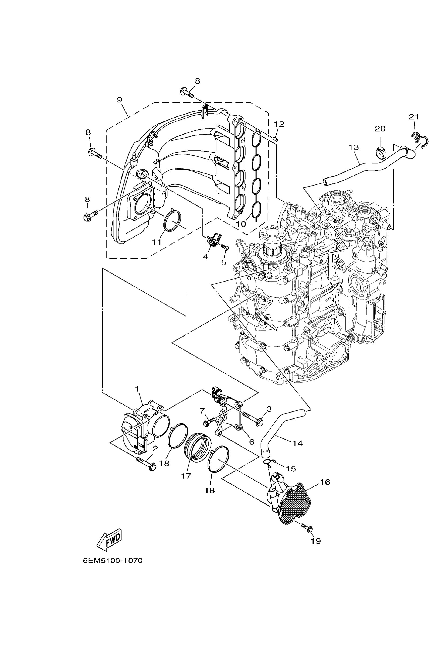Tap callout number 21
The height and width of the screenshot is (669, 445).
(414, 116)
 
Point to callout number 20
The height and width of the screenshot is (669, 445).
(380, 129)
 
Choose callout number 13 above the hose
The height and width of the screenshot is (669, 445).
(354, 147)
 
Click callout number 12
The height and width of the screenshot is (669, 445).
(279, 124)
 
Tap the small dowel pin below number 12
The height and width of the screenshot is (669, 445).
(276, 139)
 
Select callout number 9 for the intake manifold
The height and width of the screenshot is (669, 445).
(120, 100)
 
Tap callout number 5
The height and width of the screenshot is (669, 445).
(224, 262)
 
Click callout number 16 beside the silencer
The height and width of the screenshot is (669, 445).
(325, 482)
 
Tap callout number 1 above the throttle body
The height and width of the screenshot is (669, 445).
(137, 388)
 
